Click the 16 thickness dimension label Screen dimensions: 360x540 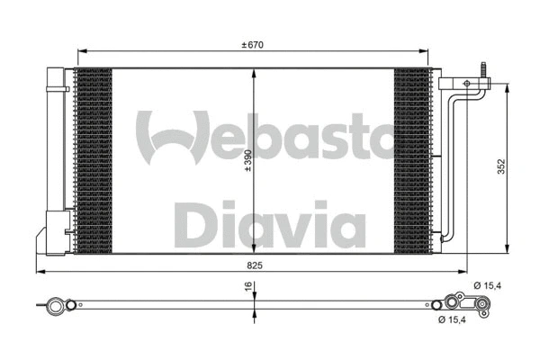tap(247, 288)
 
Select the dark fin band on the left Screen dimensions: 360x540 tap(93, 160)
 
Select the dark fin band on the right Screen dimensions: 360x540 tap(412, 160)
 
